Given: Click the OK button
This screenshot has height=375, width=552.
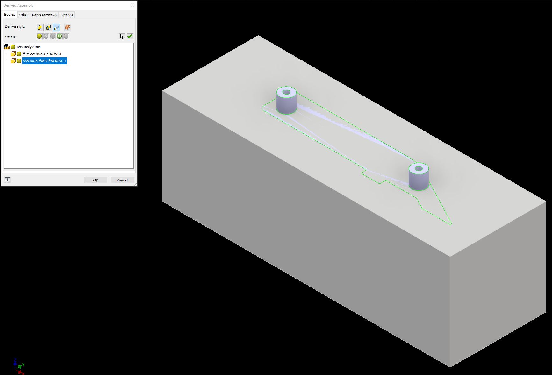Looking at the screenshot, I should pos(96,180).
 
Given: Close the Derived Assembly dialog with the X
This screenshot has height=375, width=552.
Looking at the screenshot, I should pos(133,5).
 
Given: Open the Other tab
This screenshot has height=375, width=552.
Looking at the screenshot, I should pos(24,15).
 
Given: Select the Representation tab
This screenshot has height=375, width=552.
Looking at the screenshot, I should pos(44,15).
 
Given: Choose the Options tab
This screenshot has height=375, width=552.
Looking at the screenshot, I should pos(67,15).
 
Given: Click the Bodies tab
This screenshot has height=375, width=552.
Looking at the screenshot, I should pos(10,15).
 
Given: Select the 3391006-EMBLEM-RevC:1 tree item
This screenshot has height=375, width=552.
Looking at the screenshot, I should pos(44,61).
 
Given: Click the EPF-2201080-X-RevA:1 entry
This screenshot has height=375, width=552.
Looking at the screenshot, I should pos(42,54).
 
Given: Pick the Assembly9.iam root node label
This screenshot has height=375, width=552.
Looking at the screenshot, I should pos(28,47).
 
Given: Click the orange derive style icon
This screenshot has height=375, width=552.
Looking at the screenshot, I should pos(67,27).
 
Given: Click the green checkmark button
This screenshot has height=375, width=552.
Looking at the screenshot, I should pos(130,36).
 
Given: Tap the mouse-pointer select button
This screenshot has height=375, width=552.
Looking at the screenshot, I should pos(122,36).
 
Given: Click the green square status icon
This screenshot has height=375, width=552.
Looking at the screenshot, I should pos(60,36).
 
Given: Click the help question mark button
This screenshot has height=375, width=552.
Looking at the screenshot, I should pos(7,180).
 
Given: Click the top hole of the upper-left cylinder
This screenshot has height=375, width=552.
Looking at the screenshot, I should pos(286,92).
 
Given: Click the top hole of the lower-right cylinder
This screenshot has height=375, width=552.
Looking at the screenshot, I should pos(419,168).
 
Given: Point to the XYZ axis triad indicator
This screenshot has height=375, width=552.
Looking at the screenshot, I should pos(19,367).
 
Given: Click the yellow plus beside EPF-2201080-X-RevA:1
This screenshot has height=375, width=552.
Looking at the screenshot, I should pos(19,54).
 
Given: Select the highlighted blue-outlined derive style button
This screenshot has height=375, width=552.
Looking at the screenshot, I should pos(57,27).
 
